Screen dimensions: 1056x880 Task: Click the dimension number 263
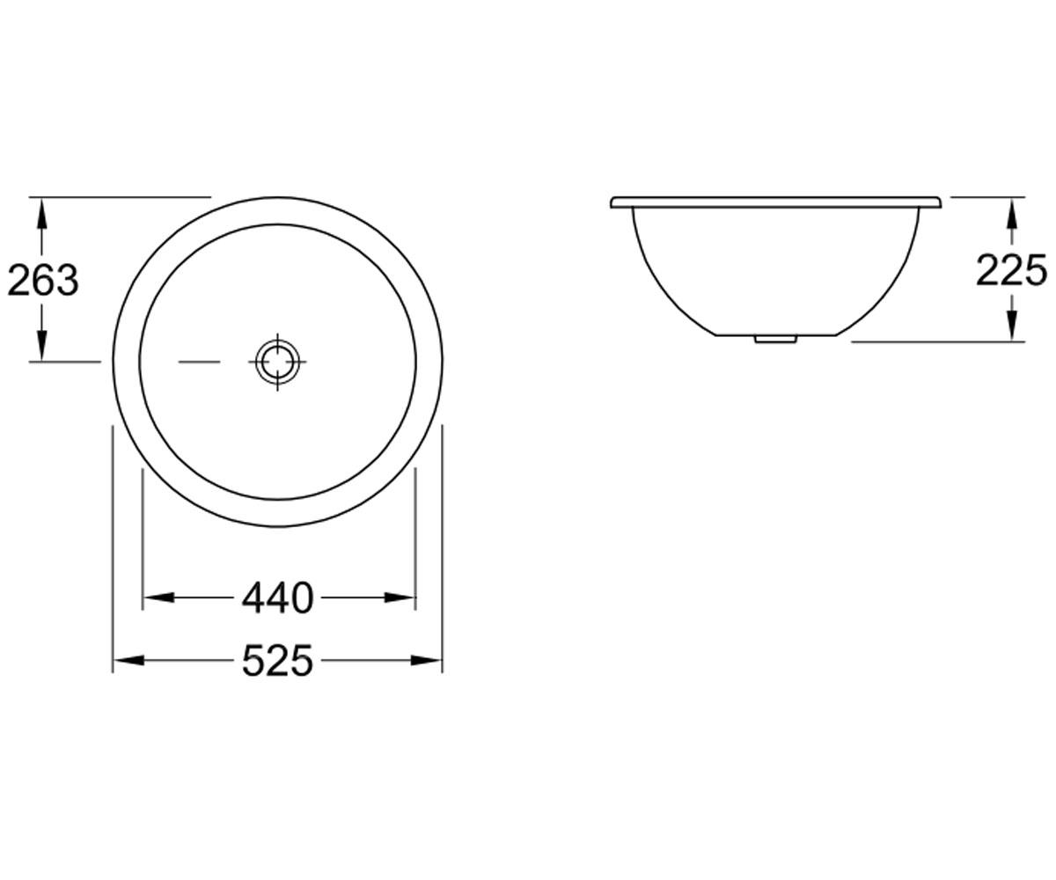click(43, 280)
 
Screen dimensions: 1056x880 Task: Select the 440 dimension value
click(278, 598)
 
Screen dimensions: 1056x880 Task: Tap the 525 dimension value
click(278, 661)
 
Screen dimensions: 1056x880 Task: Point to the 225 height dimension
click(1010, 270)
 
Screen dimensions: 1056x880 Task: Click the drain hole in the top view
click(278, 362)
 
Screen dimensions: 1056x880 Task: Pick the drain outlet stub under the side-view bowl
click(775, 339)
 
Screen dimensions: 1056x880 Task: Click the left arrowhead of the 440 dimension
click(158, 598)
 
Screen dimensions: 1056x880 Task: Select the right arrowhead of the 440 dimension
click(400, 598)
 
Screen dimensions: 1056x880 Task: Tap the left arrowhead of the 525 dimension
click(128, 661)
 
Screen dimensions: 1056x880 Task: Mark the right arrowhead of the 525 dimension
click(426, 661)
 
